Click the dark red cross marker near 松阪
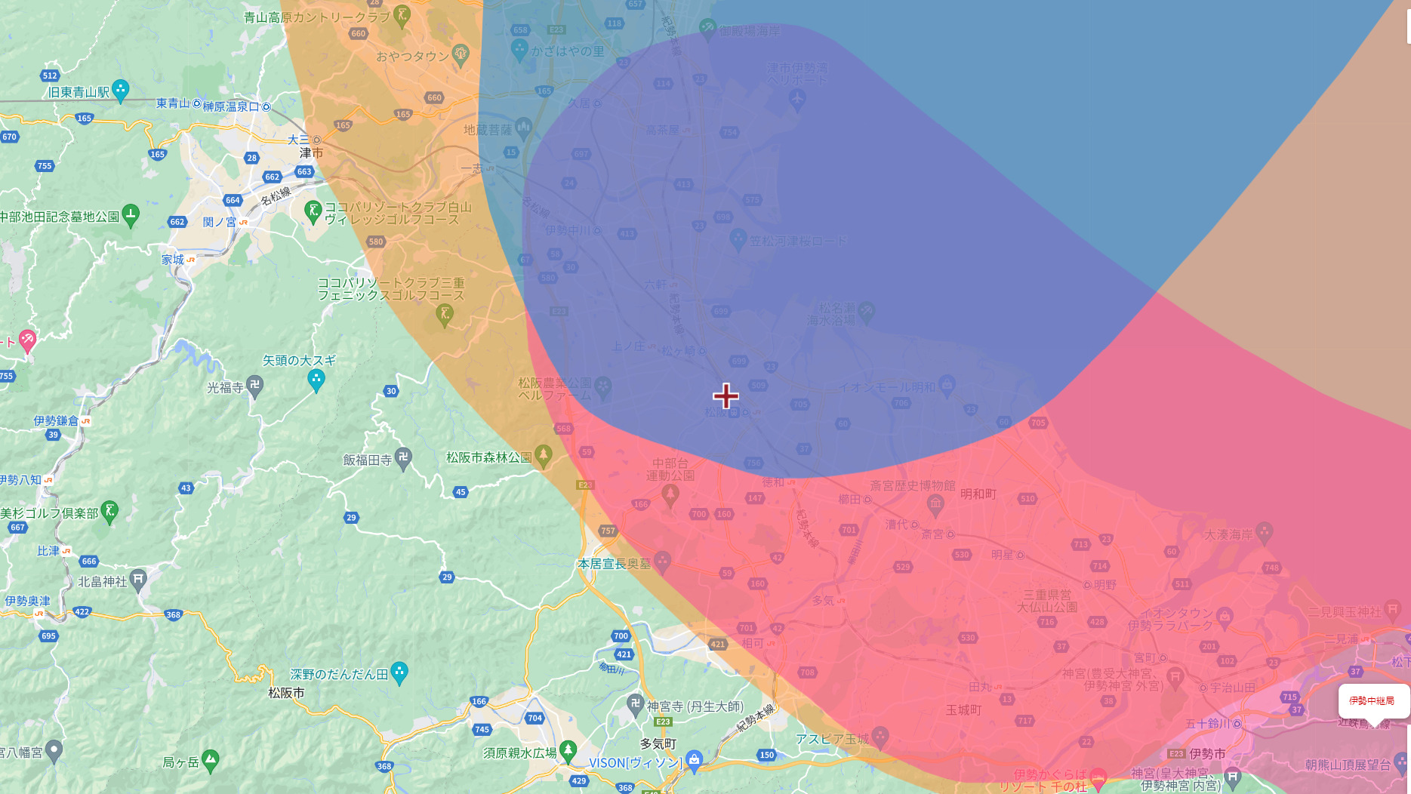(x=726, y=395)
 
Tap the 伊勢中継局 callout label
(x=1372, y=700)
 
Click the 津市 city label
(x=311, y=153)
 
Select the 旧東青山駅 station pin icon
(x=120, y=90)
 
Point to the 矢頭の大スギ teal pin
(x=316, y=379)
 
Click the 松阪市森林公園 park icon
(x=543, y=456)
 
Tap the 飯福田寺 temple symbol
(x=404, y=457)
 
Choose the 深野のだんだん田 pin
(x=399, y=672)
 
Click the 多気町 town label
(x=658, y=743)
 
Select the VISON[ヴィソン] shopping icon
(x=695, y=760)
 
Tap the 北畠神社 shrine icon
(x=137, y=580)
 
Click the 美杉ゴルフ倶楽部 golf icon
(x=110, y=511)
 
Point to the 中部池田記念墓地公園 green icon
(x=131, y=215)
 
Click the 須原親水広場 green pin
(x=568, y=750)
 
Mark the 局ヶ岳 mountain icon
(x=211, y=760)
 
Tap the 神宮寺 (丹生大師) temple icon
(x=635, y=704)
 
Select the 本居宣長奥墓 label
(x=614, y=564)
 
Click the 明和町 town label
(x=978, y=494)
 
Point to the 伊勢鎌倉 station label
(x=56, y=420)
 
